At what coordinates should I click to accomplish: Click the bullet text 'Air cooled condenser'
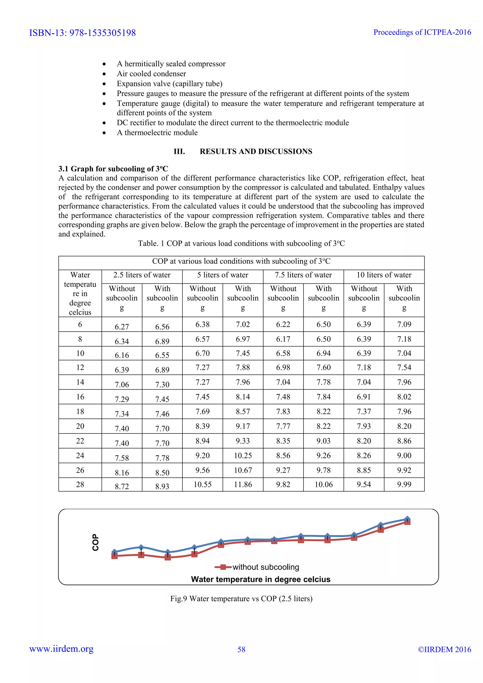coord(151,74)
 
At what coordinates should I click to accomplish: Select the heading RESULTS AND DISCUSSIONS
coord(256,151)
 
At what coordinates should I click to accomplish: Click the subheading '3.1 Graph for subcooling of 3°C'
coord(113,169)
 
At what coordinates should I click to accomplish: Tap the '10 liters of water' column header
coord(384,275)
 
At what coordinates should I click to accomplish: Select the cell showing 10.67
coord(243,470)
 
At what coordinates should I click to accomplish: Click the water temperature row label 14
coord(80,382)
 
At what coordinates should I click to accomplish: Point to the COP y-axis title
coord(96,542)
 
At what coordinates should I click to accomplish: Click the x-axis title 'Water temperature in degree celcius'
coord(261,579)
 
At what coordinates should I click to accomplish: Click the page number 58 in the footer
coord(241,649)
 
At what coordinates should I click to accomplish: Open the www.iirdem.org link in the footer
coord(61,649)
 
